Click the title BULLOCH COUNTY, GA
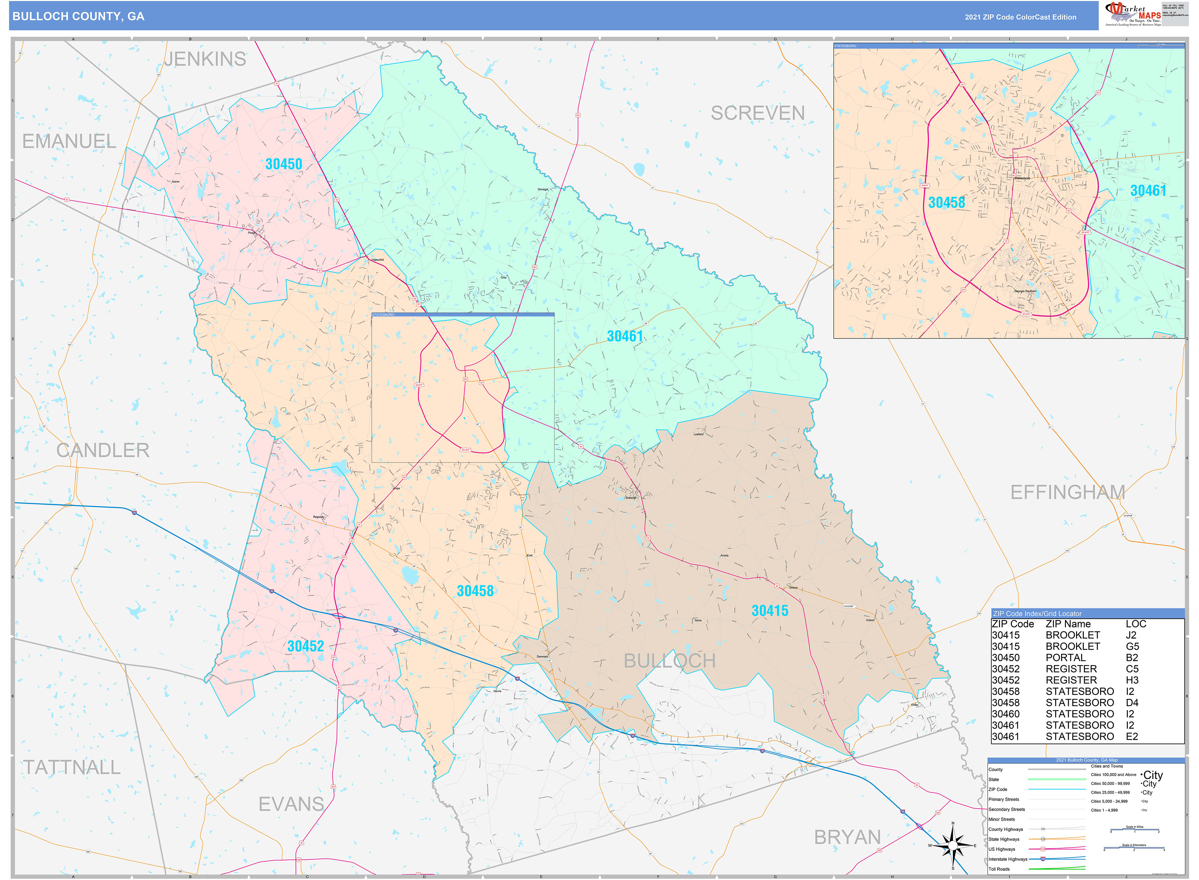click(x=78, y=17)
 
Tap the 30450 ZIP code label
click(x=283, y=164)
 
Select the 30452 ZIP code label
click(x=305, y=646)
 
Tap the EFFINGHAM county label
click(x=1067, y=492)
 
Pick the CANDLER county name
click(x=103, y=450)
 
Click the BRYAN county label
click(x=847, y=837)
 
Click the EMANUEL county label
click(x=69, y=141)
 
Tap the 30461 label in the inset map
click(x=1148, y=191)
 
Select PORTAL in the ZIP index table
click(x=1065, y=657)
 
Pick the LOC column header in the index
click(x=1136, y=624)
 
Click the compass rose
click(x=953, y=845)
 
